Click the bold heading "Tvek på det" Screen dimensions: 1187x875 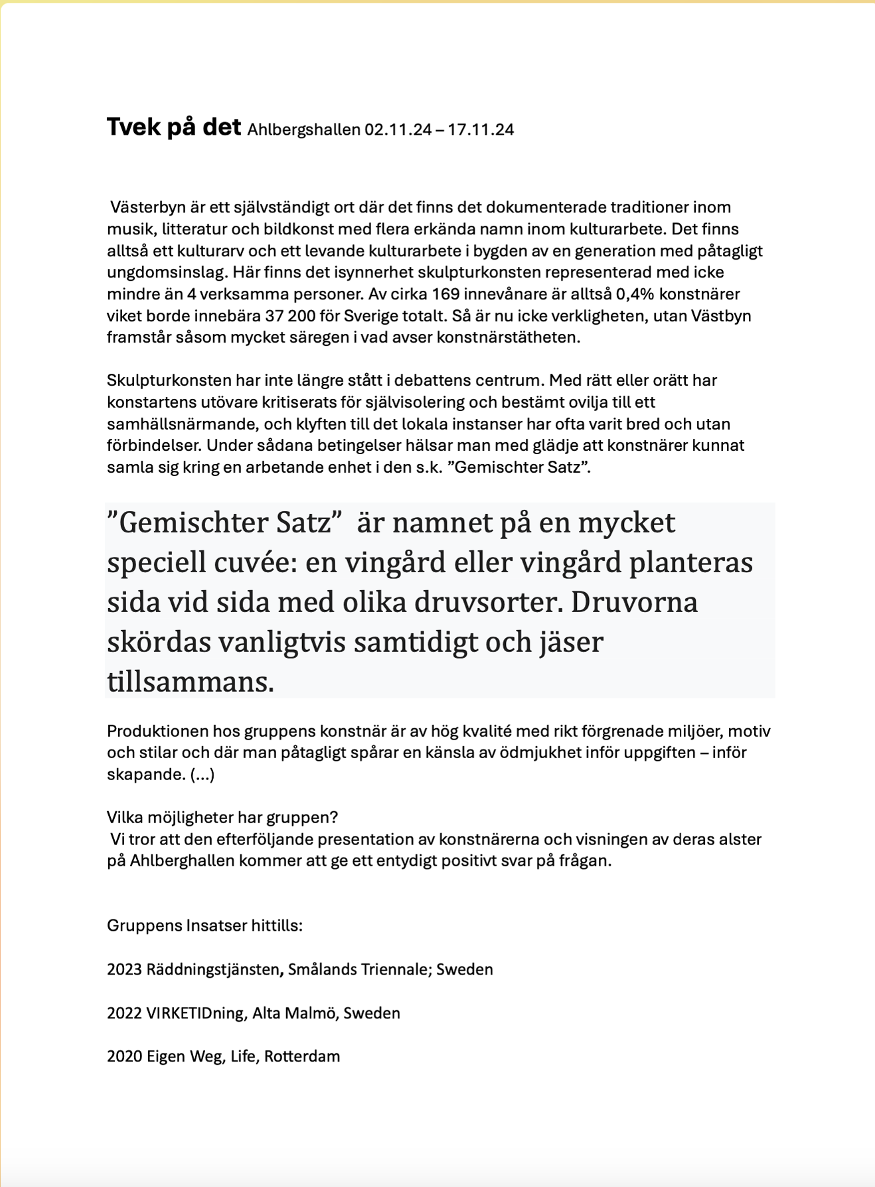tap(173, 127)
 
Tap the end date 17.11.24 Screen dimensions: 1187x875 tap(481, 129)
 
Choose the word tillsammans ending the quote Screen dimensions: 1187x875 tap(191, 682)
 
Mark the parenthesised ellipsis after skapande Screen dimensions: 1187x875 tap(202, 775)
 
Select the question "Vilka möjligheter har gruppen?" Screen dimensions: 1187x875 tap(222, 817)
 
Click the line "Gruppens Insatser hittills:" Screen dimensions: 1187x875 tap(204, 925)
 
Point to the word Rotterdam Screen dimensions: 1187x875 tap(302, 1056)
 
